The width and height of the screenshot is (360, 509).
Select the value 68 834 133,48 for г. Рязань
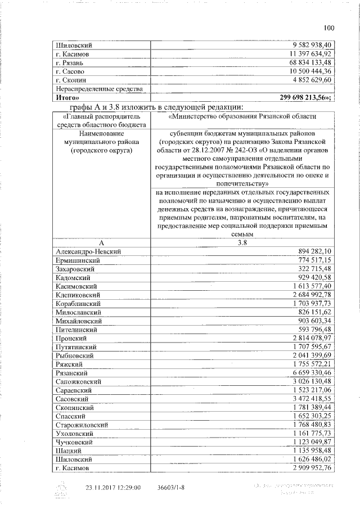(x=308, y=62)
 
